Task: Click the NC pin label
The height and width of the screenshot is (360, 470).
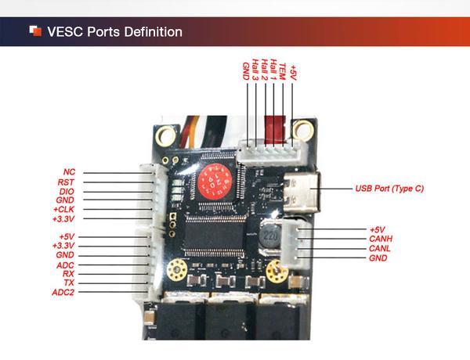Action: click(69, 171)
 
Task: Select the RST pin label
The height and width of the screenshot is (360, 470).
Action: click(67, 182)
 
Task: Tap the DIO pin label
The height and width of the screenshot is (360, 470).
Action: click(67, 191)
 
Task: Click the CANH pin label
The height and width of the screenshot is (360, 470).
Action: click(379, 239)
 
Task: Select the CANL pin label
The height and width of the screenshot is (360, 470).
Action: click(379, 248)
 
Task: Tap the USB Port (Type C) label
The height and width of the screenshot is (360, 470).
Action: click(389, 189)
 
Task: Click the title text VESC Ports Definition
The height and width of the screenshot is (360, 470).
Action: click(114, 32)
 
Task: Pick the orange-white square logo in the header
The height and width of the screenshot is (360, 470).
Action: click(35, 31)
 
